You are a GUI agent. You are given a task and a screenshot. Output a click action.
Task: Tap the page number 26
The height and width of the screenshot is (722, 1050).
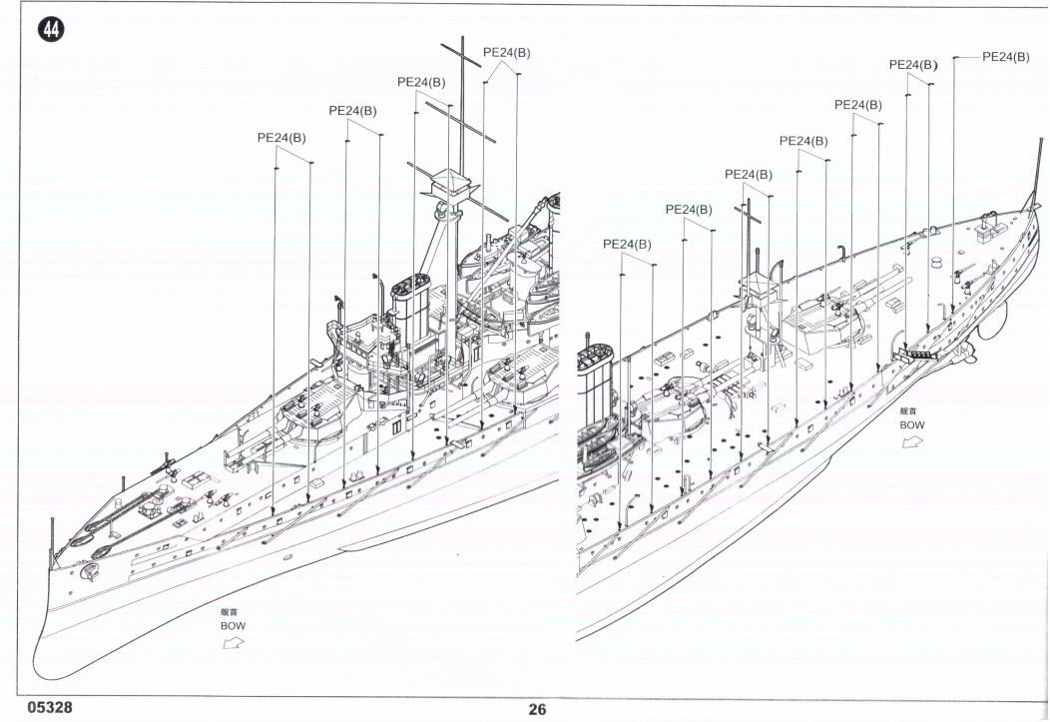[538, 710]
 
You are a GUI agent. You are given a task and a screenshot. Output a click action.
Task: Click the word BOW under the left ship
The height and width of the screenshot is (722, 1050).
[232, 626]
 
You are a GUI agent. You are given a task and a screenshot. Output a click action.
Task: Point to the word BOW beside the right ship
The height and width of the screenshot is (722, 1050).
[911, 424]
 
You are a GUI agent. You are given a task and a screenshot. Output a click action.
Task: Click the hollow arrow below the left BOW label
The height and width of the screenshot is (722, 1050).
[232, 644]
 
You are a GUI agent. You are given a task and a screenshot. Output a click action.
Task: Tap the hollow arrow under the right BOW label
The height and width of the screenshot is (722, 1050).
[909, 442]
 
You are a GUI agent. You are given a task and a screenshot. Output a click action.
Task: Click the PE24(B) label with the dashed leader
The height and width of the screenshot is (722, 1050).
[1005, 57]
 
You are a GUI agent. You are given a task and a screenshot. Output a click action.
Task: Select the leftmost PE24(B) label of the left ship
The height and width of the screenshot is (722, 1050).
[281, 138]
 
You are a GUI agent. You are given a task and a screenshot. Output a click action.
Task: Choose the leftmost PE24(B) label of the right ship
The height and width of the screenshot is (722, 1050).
[627, 244]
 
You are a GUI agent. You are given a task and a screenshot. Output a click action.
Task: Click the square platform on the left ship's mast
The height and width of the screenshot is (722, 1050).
[447, 183]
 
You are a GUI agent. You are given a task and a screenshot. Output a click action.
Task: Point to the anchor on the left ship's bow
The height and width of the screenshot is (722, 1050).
[87, 571]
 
